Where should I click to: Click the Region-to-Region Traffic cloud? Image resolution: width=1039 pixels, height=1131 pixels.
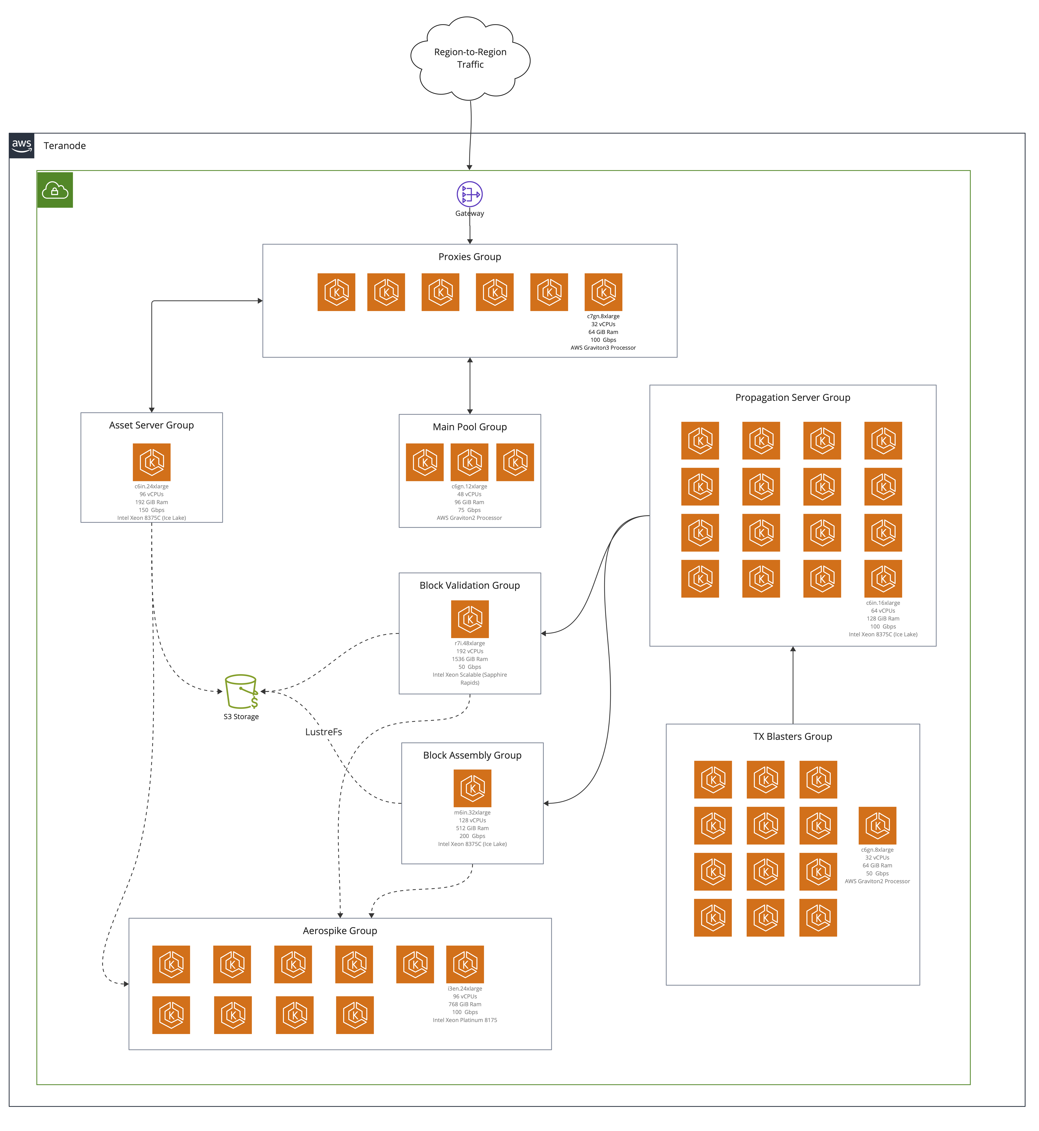(x=470, y=58)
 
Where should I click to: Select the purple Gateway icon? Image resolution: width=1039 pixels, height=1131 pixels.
(x=469, y=194)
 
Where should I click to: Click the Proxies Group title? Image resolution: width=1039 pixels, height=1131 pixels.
(x=469, y=257)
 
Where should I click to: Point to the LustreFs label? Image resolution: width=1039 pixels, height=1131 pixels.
(x=323, y=732)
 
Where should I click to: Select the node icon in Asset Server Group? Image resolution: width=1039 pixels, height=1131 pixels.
(x=151, y=462)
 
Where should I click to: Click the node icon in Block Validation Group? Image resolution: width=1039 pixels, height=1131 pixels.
(x=469, y=619)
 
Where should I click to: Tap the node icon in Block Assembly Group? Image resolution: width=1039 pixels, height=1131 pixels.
(x=472, y=788)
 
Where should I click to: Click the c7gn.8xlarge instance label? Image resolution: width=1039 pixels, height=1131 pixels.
(x=603, y=316)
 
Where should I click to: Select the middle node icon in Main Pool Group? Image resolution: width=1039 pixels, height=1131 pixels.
(x=469, y=462)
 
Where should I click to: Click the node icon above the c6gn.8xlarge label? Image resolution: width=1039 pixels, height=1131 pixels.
(x=877, y=826)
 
